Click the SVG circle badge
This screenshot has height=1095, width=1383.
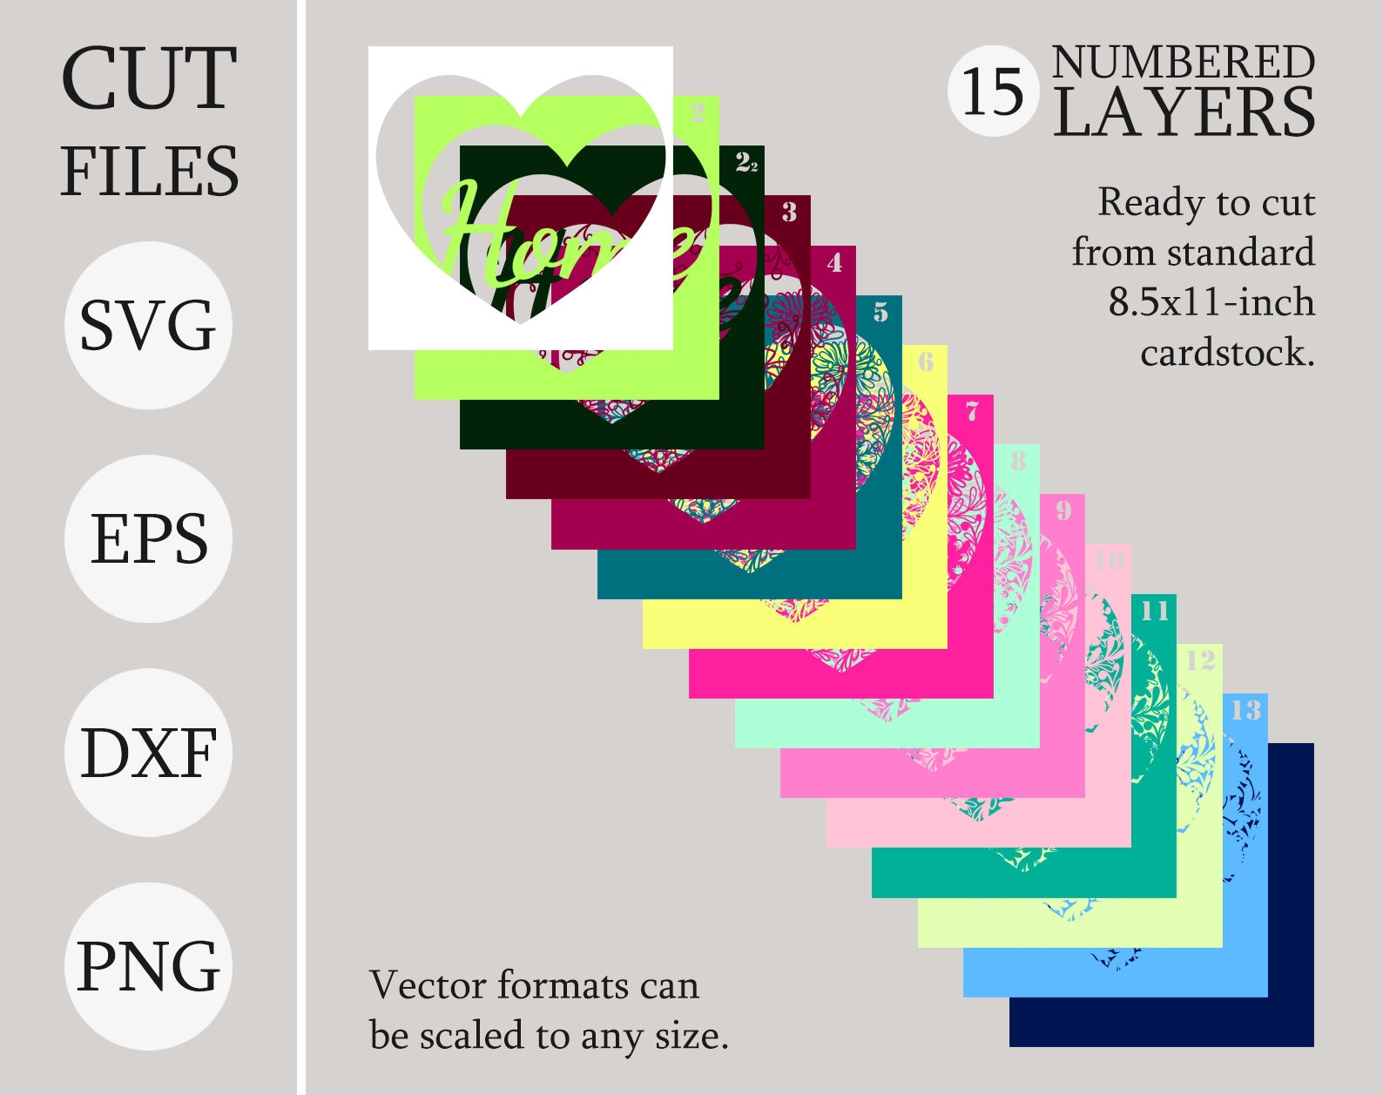point(148,325)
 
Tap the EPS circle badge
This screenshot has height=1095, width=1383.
point(148,538)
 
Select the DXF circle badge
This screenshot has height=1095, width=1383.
point(148,753)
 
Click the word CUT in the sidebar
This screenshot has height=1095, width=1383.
point(149,79)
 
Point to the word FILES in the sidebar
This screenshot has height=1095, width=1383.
point(149,172)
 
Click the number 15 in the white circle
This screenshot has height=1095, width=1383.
point(993,91)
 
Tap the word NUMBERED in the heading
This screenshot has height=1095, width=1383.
point(1183,63)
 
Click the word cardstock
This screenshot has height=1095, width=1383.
point(1226,353)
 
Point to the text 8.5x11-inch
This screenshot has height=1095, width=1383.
point(1211,302)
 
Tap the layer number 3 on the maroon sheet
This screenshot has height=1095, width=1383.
point(789,212)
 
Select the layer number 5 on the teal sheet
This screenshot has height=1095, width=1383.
point(880,312)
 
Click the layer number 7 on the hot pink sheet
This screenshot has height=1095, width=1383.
point(972,411)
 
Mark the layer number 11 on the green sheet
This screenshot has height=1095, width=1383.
point(1155,611)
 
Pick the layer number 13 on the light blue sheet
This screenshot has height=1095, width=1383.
point(1245,710)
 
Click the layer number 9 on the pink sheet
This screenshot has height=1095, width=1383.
point(1063,510)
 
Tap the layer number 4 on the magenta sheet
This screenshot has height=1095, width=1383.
point(834,261)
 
